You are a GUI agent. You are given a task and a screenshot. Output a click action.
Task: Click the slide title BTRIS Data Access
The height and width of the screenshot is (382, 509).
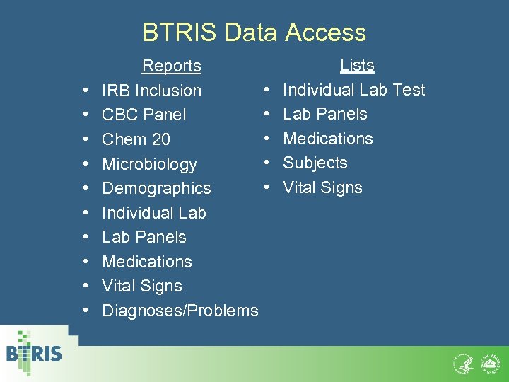click(x=255, y=33)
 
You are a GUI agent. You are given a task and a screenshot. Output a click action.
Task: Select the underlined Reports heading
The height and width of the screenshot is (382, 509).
click(x=171, y=66)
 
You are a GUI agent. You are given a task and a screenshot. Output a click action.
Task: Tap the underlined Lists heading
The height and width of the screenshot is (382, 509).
click(x=357, y=65)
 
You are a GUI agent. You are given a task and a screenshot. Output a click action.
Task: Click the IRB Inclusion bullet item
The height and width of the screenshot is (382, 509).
click(x=151, y=91)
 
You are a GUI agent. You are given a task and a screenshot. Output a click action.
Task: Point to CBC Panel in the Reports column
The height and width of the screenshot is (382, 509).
click(x=144, y=115)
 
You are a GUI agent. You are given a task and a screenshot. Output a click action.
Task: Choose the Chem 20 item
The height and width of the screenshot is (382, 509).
click(x=136, y=139)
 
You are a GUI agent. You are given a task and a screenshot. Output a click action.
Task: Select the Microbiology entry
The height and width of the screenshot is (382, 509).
click(x=149, y=164)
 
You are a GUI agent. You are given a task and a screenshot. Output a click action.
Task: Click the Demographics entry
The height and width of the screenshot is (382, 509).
click(x=156, y=188)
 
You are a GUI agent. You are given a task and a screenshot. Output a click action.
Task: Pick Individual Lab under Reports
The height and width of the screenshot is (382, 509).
click(x=154, y=213)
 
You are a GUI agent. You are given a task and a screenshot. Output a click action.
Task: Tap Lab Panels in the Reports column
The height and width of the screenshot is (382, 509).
click(x=144, y=237)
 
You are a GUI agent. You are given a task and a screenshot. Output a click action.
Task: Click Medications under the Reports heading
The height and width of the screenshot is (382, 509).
click(x=147, y=262)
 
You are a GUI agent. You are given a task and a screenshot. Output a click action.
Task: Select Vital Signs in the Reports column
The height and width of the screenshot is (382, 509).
click(x=142, y=286)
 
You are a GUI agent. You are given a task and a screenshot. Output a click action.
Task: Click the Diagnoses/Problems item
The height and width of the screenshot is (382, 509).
click(x=180, y=311)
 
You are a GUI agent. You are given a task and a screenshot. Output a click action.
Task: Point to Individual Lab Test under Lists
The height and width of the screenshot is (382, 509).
click(x=354, y=90)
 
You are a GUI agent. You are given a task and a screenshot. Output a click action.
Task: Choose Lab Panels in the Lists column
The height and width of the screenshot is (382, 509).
click(x=325, y=114)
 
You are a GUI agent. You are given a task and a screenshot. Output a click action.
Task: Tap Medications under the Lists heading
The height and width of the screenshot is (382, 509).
click(x=328, y=139)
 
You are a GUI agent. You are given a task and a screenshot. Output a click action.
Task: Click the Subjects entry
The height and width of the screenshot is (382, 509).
click(x=315, y=163)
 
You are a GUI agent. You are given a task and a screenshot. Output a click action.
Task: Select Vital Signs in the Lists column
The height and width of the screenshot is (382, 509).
click(x=323, y=187)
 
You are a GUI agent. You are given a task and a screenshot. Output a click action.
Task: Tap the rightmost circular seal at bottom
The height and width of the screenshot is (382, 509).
click(x=490, y=364)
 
